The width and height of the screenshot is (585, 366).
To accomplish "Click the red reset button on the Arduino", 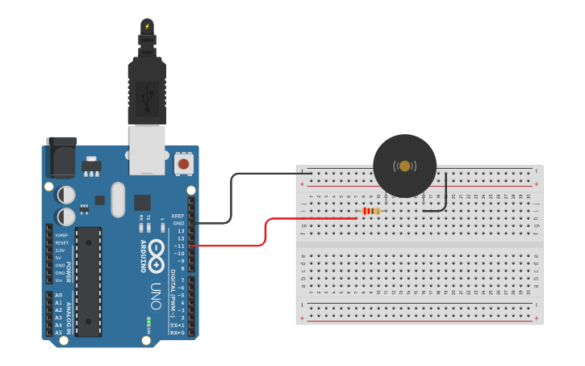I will pos(183,164).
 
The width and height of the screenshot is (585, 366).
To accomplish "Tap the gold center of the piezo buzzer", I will pos(404,166).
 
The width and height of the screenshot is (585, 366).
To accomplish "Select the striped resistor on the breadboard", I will pos(371,211).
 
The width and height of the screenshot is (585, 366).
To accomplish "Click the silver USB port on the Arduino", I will pos(147,150).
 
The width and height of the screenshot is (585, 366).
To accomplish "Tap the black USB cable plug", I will pos(147,92).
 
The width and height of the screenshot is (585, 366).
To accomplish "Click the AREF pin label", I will pos(178,216).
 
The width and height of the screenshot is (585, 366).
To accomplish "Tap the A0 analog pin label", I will pos(59,296).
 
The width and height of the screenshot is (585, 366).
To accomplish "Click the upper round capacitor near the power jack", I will pos(66,195).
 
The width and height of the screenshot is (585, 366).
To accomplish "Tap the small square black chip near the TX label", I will pos(143,202).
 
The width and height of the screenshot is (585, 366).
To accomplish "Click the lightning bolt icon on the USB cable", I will pos(147,27).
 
